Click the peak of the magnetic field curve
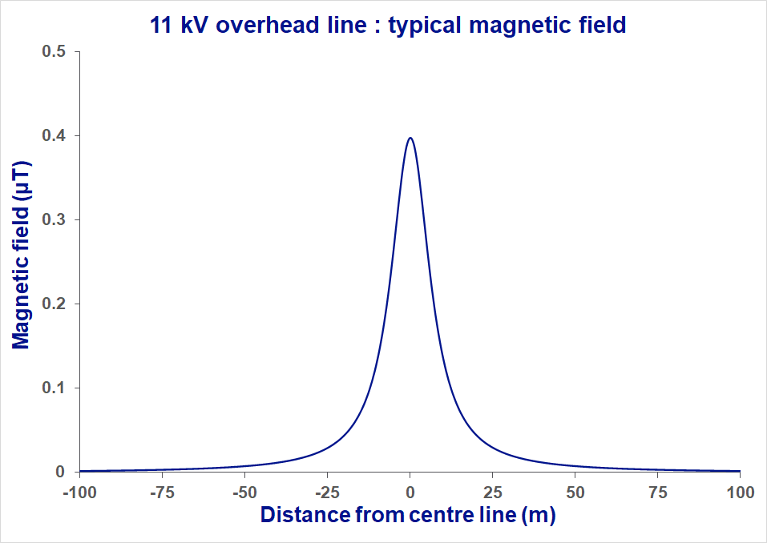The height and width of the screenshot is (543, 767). pyautogui.click(x=410, y=138)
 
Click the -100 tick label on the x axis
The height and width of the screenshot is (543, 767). pyautogui.click(x=79, y=491)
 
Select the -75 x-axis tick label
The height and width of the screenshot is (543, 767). pyautogui.click(x=163, y=491)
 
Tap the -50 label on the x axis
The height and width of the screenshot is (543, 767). pyautogui.click(x=245, y=491)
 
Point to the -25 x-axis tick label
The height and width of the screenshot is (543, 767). pyautogui.click(x=327, y=491)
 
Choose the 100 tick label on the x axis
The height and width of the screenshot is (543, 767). pyautogui.click(x=740, y=491)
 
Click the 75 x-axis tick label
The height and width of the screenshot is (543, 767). pyautogui.click(x=657, y=491)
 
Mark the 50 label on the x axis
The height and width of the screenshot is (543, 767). pyautogui.click(x=575, y=491)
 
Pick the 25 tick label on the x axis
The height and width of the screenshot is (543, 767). pyautogui.click(x=492, y=491)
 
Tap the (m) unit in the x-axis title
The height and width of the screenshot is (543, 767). pyautogui.click(x=538, y=515)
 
